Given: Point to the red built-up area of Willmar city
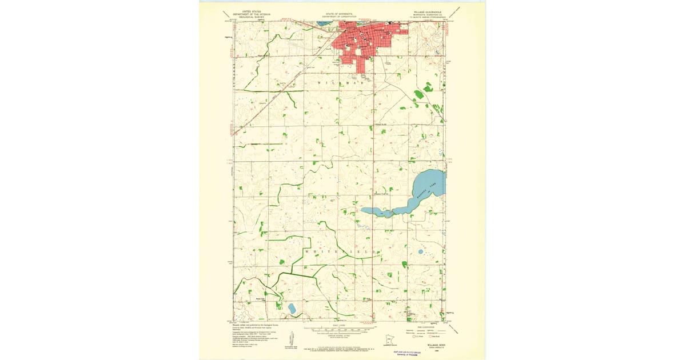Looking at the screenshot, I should coord(366,40).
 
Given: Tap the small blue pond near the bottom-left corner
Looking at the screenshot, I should coord(292,308).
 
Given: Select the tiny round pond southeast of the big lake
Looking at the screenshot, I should coord(421,251).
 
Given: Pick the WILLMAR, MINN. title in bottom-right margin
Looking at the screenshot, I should coord(437,345).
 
